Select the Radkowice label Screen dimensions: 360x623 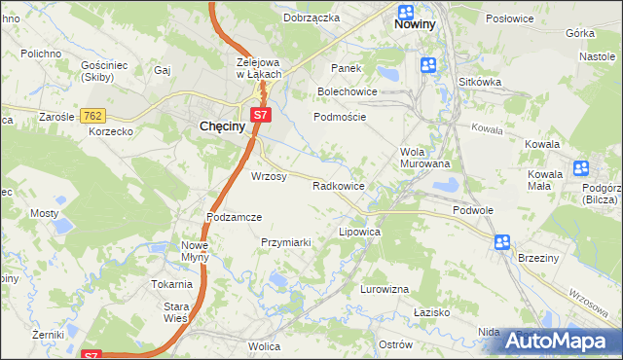coord(338,186)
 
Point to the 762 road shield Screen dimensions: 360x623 coord(93,115)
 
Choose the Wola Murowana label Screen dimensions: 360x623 coord(424,158)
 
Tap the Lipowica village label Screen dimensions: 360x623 coord(358,234)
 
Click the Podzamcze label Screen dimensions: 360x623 coord(235,217)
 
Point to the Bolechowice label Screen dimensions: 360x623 coord(347,91)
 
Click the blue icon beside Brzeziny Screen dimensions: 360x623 coord(501,242)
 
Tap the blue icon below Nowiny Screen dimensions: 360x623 coord(427,65)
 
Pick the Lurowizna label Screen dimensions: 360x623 coord(385,291)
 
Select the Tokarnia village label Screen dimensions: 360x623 coord(171,284)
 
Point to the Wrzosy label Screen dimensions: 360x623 coord(269,177)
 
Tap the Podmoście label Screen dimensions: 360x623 coord(340,116)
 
